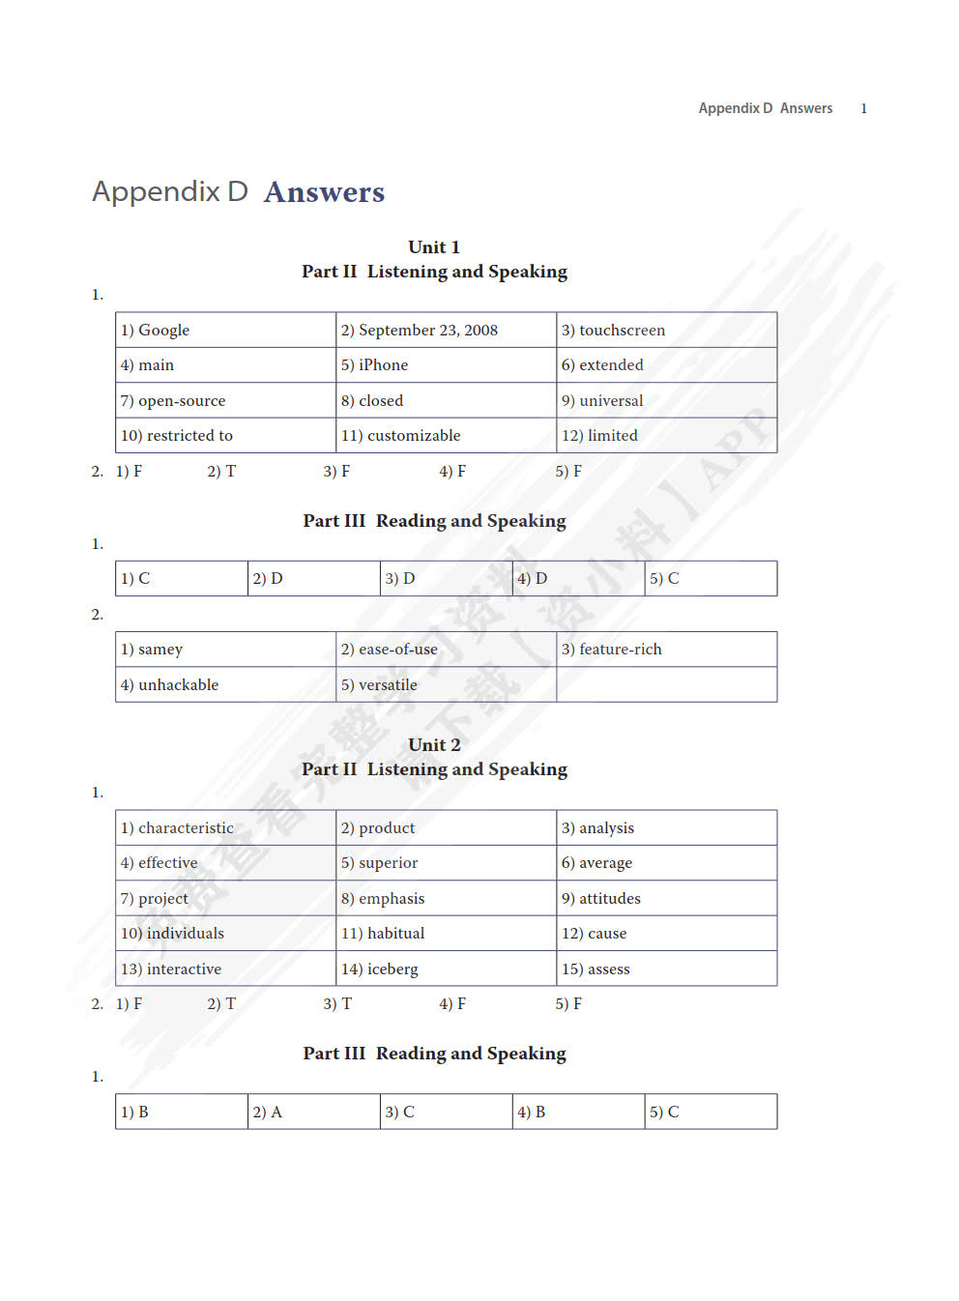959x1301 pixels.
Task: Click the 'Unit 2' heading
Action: click(434, 745)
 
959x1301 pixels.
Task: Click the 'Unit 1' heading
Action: click(434, 247)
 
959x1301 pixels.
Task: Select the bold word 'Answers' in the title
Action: click(324, 192)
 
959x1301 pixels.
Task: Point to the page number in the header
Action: click(863, 108)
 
